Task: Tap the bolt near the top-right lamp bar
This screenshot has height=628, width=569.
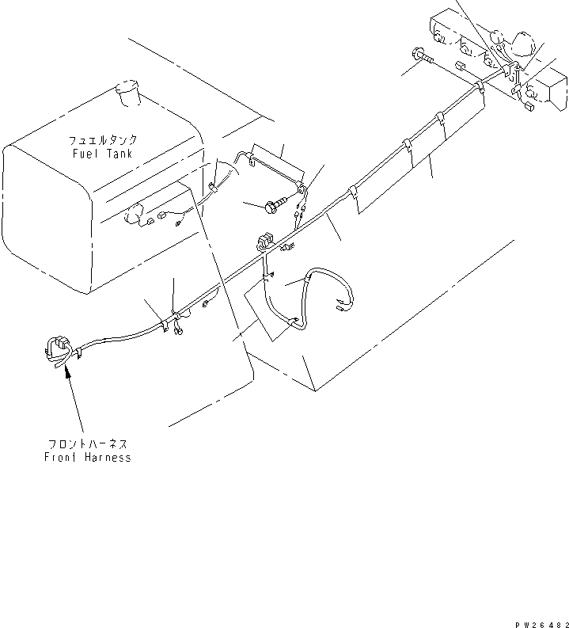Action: (x=421, y=56)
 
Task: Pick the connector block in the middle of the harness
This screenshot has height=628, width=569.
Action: (x=264, y=241)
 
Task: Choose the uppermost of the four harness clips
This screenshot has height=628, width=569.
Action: (x=480, y=83)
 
